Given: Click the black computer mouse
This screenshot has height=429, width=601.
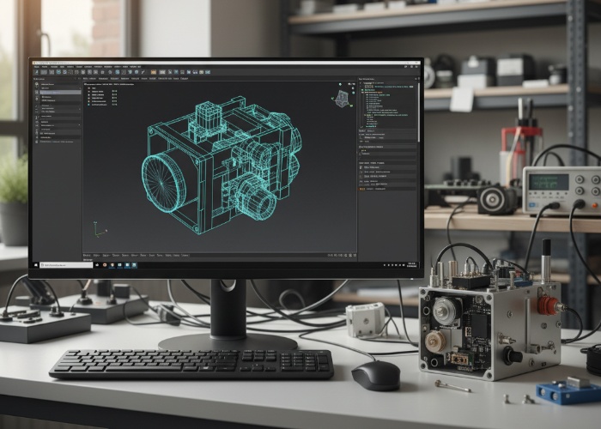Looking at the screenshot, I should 375,374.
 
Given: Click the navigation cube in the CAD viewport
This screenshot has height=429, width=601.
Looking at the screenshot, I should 342,97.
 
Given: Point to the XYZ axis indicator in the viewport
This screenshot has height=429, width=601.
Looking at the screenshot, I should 99,230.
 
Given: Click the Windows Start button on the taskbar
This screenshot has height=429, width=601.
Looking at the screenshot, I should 38,265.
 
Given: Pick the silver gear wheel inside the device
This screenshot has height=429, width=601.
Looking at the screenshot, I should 446,311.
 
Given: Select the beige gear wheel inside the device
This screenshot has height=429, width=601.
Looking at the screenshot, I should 436,341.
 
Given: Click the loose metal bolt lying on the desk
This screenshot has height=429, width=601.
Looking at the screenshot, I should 452,386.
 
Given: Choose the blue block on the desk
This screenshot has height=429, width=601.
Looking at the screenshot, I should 567,391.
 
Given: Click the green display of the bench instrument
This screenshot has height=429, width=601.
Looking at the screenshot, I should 549,182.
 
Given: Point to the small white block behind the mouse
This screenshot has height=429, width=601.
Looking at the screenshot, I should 366,319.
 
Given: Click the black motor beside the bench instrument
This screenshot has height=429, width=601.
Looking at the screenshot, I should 498,200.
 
